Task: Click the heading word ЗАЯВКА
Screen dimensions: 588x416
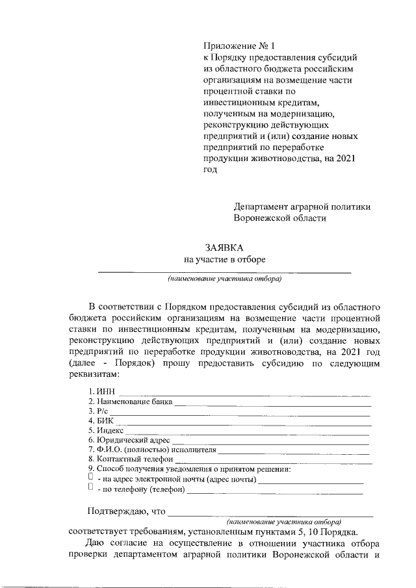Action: tap(224, 248)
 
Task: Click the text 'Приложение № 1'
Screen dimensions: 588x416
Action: tap(240, 46)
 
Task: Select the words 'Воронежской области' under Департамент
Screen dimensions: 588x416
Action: tap(279, 218)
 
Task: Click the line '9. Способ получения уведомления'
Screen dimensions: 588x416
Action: tap(188, 468)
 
